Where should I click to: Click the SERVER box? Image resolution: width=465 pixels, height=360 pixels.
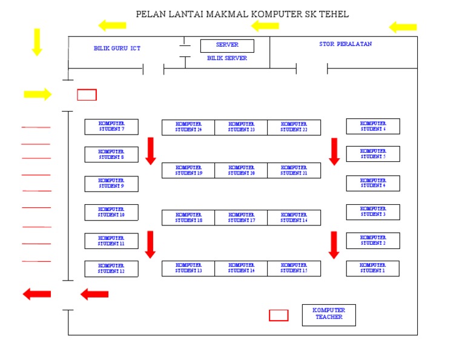227,46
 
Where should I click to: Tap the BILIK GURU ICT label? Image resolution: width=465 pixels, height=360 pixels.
117,48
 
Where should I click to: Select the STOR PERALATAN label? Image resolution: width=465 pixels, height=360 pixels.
345,44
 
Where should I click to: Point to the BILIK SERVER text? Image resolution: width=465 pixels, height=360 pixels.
227,59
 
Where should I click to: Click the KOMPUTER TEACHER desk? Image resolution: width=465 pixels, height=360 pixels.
329,315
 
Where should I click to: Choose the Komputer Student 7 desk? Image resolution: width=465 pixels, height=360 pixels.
111,127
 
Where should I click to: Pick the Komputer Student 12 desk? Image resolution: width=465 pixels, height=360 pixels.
111,268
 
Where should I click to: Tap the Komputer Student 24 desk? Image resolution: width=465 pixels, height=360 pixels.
188,127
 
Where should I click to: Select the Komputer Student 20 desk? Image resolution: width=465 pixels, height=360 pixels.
241,170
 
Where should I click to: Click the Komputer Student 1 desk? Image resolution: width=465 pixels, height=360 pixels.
372,268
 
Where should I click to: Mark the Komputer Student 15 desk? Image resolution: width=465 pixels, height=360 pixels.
294,268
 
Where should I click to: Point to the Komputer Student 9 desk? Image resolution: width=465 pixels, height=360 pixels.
111,184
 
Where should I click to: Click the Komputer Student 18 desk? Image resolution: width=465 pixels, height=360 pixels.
188,218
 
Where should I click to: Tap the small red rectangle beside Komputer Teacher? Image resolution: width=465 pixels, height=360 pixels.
279,315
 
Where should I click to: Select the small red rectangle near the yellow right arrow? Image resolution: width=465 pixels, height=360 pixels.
87,95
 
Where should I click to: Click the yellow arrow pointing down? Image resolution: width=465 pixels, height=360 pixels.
37,42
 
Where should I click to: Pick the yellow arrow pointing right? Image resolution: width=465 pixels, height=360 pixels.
38,94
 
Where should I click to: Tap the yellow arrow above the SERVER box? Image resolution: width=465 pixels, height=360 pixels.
265,25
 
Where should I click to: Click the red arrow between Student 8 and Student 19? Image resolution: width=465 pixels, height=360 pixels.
151,151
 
